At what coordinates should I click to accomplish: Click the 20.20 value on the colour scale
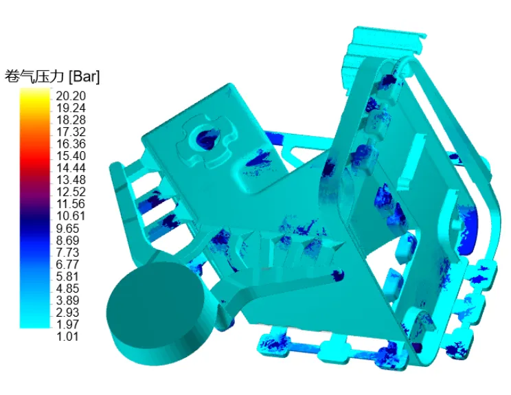pos(71,96)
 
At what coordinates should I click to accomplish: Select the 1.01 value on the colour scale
pos(67,337)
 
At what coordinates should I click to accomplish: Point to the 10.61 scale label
pos(71,216)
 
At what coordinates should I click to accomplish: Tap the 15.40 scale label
pos(71,156)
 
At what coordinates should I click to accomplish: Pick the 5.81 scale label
pos(67,276)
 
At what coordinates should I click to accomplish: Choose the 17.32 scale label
pos(71,132)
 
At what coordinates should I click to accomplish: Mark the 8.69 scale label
pos(67,240)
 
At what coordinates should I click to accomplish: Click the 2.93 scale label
pos(67,312)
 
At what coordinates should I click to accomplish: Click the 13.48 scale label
pos(71,180)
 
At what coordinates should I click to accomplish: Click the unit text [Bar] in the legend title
pos(84,77)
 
